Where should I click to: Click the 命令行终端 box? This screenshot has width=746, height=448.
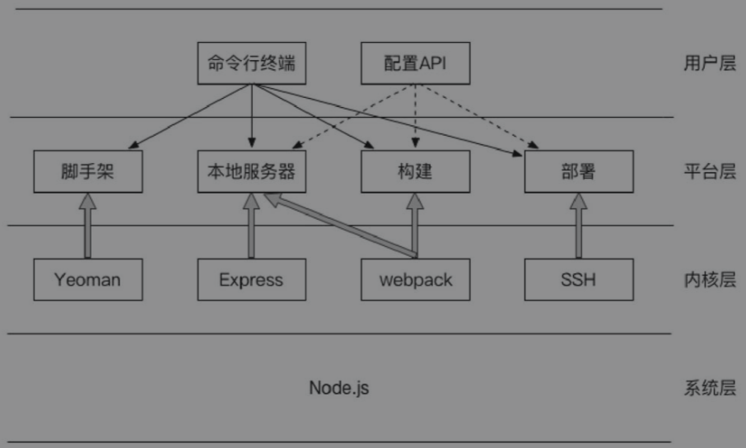tap(252, 63)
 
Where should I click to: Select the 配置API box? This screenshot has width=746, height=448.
tap(415, 63)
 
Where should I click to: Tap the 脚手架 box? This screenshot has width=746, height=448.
tap(87, 172)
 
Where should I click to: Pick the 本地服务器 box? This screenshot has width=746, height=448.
tap(251, 172)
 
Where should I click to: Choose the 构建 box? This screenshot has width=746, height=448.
tap(415, 172)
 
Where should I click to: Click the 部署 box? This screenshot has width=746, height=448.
tap(579, 172)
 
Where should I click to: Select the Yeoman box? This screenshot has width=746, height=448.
tap(87, 279)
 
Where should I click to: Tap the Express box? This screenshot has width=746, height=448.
tap(251, 279)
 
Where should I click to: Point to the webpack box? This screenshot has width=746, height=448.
tap(415, 279)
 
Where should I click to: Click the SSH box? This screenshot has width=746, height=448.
tap(579, 279)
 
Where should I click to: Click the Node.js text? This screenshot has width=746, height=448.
tap(338, 387)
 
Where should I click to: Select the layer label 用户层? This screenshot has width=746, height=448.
tap(709, 63)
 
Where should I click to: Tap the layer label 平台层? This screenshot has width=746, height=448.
tap(709, 172)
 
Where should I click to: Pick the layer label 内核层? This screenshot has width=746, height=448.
tap(709, 280)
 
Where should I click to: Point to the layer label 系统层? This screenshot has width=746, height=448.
tap(709, 388)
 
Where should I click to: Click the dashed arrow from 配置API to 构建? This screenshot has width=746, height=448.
tap(415, 115)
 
